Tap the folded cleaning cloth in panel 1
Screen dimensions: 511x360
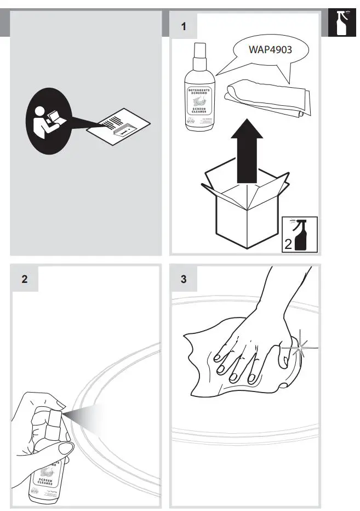pos(267,98)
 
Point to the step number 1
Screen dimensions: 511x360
pos(184,26)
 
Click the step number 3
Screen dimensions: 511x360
pos(184,279)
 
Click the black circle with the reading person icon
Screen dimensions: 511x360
pos(49,120)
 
